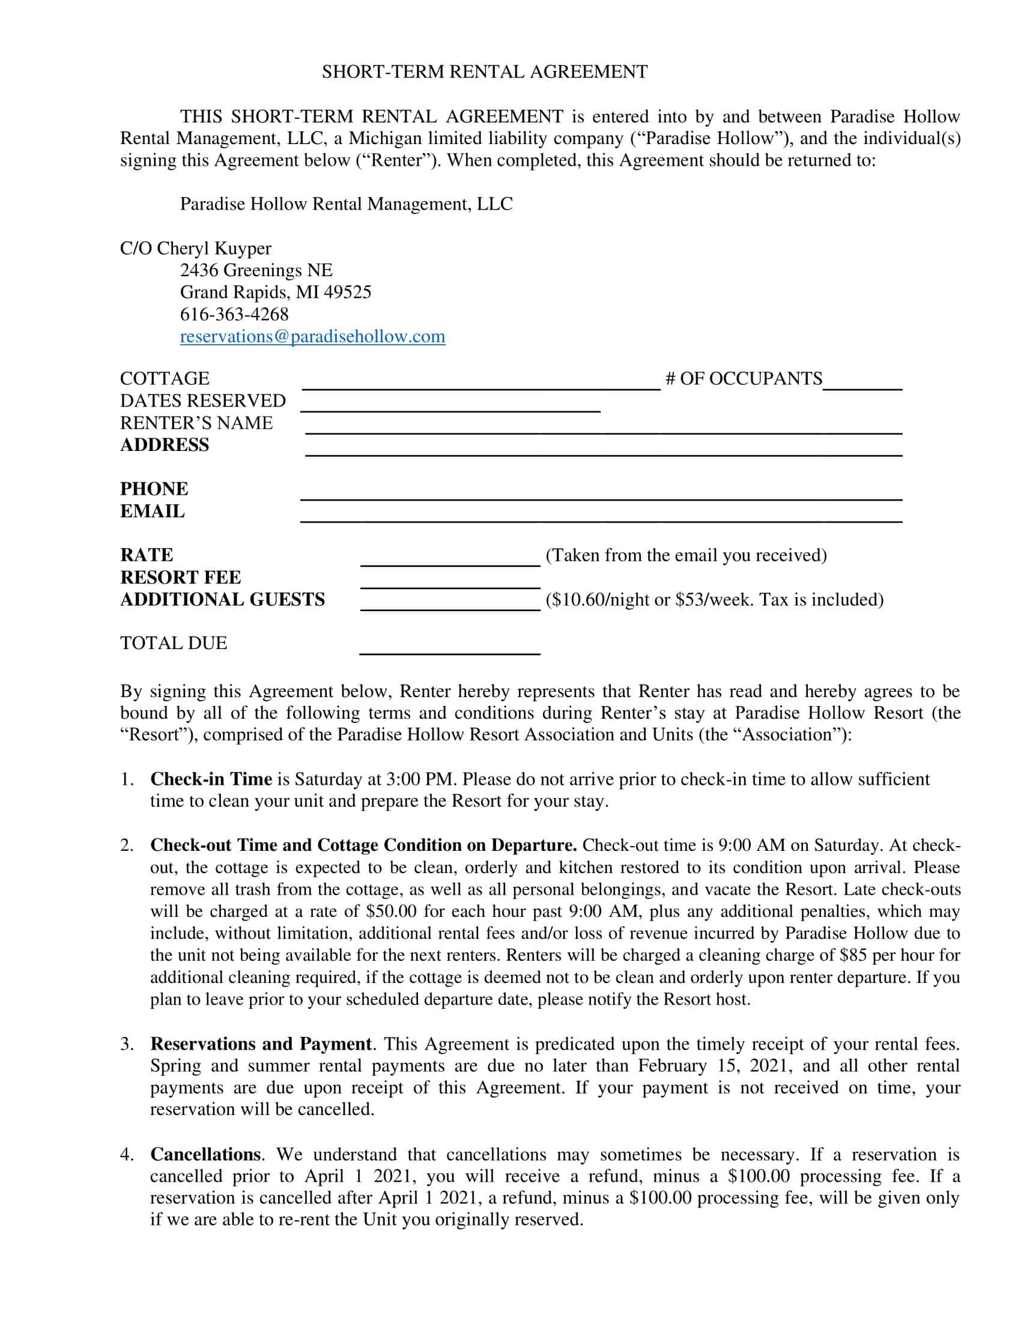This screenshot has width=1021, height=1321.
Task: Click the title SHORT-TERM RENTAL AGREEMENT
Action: tap(485, 72)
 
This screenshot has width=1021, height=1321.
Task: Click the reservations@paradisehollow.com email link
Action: tap(312, 336)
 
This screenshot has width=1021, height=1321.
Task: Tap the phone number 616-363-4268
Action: tap(234, 314)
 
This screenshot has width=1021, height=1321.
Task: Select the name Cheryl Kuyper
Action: tap(214, 248)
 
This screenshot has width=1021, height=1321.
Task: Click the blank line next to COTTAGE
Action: tap(481, 382)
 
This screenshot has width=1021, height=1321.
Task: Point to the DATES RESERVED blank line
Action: tap(450, 405)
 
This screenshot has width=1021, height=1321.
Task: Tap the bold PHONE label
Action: tap(154, 489)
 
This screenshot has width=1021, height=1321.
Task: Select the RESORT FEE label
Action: tap(180, 577)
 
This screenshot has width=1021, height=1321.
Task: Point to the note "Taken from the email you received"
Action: tap(686, 555)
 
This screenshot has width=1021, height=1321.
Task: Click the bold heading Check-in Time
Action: tap(211, 779)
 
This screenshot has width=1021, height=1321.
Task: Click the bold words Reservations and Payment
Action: tap(261, 1044)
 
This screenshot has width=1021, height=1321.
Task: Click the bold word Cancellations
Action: tap(205, 1154)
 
